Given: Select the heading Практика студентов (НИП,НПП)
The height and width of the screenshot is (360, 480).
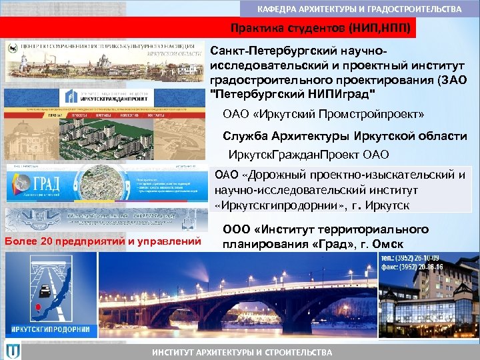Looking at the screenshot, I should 316,29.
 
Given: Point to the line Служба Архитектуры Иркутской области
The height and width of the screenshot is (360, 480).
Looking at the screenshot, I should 344,136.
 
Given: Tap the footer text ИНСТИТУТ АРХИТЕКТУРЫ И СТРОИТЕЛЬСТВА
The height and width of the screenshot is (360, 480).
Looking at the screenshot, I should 241,352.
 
